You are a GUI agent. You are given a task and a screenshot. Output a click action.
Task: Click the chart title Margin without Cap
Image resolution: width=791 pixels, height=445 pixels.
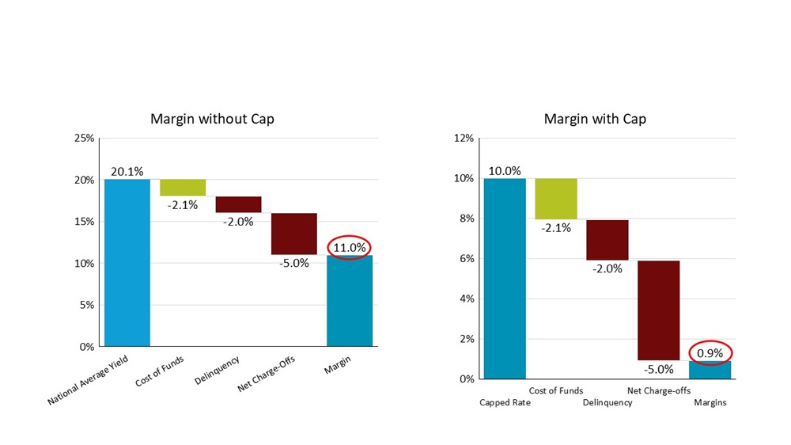[x=213, y=119]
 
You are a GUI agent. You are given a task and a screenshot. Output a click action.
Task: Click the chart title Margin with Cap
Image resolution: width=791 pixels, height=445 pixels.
[x=595, y=119]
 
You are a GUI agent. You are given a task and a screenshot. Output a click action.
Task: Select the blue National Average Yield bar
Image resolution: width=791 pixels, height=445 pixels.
[x=127, y=262]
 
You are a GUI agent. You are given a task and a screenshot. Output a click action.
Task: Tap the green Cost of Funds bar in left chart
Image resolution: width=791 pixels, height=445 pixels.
[x=183, y=187]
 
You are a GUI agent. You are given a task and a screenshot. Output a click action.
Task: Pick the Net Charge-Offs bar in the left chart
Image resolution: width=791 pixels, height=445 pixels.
[x=294, y=234]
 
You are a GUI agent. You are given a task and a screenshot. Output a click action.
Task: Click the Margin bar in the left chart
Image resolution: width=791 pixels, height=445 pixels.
[x=350, y=300]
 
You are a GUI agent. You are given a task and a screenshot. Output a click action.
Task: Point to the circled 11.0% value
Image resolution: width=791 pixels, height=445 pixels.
[x=349, y=247]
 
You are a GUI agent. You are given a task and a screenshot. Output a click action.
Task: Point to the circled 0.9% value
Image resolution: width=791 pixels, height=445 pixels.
[x=710, y=353]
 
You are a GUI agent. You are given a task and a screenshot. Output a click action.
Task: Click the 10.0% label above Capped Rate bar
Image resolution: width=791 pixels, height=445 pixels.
[x=505, y=171]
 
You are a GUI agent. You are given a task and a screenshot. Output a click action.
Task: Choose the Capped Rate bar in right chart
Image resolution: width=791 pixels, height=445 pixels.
[x=505, y=278]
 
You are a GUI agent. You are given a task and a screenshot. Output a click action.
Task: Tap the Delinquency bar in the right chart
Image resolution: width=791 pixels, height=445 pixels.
[x=607, y=240]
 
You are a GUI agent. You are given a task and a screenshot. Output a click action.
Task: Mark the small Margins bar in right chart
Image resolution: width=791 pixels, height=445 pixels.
[x=710, y=370]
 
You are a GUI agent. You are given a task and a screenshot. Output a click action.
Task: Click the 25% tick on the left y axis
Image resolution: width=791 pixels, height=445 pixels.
[x=85, y=139]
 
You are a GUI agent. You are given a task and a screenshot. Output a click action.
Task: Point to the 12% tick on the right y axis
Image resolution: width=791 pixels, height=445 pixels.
[x=464, y=139]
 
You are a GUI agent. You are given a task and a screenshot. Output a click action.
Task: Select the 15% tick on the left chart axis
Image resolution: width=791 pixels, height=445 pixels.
[x=85, y=222]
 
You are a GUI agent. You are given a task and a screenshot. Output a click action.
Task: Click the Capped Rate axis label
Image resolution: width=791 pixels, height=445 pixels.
[x=505, y=402]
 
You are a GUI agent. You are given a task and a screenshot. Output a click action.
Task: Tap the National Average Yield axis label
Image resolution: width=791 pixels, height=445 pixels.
[x=88, y=381]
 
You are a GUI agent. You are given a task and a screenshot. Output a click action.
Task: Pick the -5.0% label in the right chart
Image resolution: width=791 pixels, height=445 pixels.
[x=659, y=369]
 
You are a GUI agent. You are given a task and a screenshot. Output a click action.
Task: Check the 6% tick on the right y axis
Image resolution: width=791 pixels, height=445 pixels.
[x=467, y=259]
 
